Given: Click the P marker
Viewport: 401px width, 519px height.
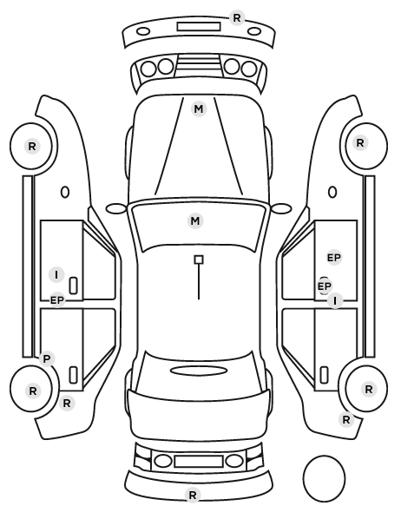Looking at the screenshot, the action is coord(47,358).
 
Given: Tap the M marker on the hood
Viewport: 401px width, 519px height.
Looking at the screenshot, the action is coord(199,108).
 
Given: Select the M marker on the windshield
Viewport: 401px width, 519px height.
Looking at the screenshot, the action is coord(195,220).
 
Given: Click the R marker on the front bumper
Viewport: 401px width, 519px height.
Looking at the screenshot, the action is coord(237,18).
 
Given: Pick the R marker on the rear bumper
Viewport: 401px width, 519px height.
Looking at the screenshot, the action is coord(193,496).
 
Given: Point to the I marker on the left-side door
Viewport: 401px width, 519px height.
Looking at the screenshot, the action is coord(56,275).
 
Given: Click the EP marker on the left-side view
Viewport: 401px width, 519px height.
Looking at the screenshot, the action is coord(57,300).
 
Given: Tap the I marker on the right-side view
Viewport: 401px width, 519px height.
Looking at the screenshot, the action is coord(335,301).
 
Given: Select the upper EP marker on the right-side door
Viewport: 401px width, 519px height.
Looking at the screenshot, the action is coord(334,258).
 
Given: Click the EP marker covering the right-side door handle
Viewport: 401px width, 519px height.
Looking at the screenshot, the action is coord(324,286).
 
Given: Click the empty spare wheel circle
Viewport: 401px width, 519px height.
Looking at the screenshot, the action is coord(324,478).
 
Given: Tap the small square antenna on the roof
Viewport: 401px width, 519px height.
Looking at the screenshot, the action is coord(199,259).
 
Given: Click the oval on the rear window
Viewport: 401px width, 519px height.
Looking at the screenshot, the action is coord(199,371).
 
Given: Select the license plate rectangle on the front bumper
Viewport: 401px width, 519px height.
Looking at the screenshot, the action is coord(199,27).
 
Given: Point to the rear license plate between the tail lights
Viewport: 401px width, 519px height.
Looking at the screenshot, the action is coord(199,461).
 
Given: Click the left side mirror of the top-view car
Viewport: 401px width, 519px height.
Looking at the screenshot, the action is coord(116,208).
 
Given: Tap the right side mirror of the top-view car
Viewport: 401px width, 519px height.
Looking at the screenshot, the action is coord(281,208).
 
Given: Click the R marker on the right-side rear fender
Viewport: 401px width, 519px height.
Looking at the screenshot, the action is coord(346,420).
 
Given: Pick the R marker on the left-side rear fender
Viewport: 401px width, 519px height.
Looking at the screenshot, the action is coord(67,404).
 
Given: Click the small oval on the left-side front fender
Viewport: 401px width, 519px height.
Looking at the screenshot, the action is coord(65,192).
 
